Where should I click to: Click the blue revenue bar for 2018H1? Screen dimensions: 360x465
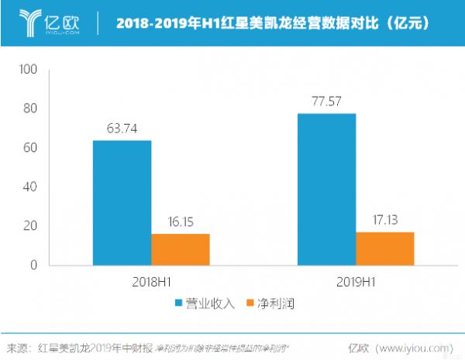click(122, 203)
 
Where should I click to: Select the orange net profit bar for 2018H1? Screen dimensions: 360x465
click(181, 249)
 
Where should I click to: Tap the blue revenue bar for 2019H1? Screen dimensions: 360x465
click(326, 189)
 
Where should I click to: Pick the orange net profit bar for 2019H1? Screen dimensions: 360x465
click(385, 249)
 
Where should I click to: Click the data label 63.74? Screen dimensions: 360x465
click(122, 129)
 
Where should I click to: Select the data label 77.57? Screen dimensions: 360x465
click(326, 101)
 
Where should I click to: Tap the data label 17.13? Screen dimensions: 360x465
click(385, 221)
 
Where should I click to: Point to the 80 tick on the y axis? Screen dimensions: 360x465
click(31, 109)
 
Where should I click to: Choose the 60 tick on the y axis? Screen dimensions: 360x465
click(31, 148)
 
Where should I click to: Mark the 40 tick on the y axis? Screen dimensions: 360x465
click(31, 187)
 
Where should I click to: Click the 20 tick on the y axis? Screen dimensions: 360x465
click(31, 226)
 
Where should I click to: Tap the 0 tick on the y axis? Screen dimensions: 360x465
click(34, 266)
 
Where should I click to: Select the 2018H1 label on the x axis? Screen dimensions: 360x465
click(150, 283)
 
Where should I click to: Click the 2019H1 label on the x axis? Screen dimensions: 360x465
click(356, 283)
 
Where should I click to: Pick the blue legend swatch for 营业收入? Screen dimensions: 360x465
click(178, 303)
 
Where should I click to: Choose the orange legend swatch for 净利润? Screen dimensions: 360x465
click(250, 303)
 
